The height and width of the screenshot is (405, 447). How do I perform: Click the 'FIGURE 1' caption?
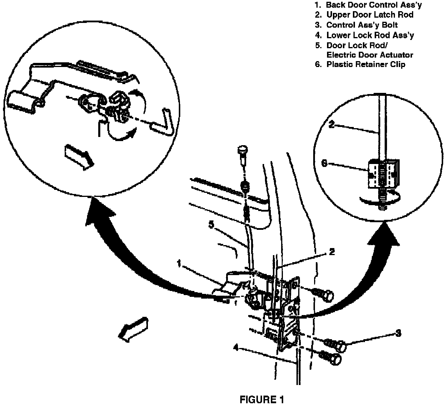pos(262,399)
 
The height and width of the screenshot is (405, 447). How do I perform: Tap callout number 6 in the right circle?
pos(324,163)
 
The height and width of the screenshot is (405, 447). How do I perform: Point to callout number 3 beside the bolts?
pos(398,333)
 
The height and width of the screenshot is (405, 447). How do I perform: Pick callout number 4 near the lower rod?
pos(235,347)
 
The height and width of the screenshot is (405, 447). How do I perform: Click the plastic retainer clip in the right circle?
pos(382,174)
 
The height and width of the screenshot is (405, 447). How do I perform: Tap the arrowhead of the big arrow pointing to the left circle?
pos(99,212)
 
